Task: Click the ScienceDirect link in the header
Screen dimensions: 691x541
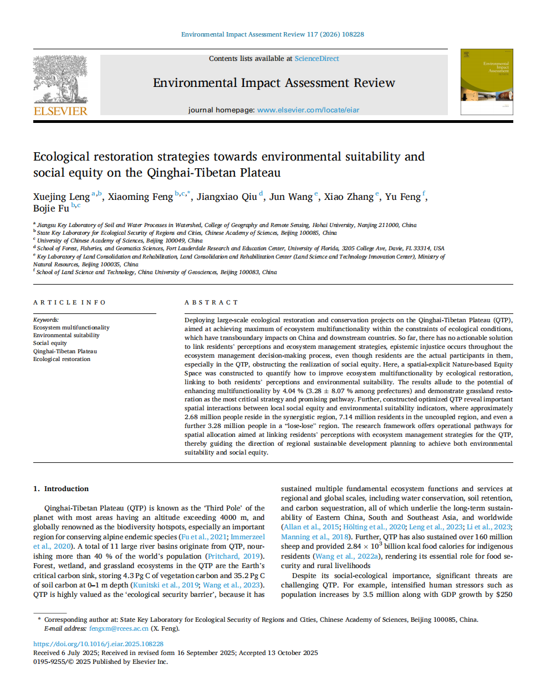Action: pyautogui.click(x=317, y=59)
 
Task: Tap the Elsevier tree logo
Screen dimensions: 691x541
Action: pyautogui.click(x=60, y=79)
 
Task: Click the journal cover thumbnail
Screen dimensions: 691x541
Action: pyautogui.click(x=487, y=81)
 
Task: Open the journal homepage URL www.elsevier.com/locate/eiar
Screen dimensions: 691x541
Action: pyautogui.click(x=308, y=110)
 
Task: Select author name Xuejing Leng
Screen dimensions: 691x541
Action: pyautogui.click(x=61, y=197)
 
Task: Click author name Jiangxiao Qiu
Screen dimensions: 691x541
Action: pyautogui.click(x=227, y=197)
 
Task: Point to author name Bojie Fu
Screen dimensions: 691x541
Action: pyautogui.click(x=51, y=209)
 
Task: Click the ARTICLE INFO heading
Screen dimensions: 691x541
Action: pyautogui.click(x=69, y=302)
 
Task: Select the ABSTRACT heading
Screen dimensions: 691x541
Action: pyautogui.click(x=211, y=302)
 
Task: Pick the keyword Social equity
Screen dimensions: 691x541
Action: pyautogui.click(x=50, y=343)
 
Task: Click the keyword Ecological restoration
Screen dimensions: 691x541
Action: pyautogui.click(x=62, y=359)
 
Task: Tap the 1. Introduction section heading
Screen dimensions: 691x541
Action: pyautogui.click(x=61, y=489)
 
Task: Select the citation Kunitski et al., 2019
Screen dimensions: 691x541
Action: pyautogui.click(x=165, y=585)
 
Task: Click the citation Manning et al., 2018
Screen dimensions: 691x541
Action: pyautogui.click(x=315, y=537)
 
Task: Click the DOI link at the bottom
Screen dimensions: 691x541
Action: pyautogui.click(x=98, y=644)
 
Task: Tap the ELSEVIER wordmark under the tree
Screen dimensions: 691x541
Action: pyautogui.click(x=60, y=111)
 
